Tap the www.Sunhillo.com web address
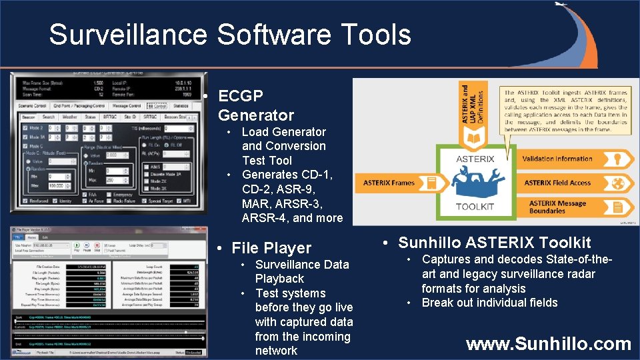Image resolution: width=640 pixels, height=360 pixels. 548,344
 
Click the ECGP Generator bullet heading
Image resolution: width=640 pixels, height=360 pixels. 255,105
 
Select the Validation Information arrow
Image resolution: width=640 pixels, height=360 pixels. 567,159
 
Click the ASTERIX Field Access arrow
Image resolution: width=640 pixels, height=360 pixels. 567,183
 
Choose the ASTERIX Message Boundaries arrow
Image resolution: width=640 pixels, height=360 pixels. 567,207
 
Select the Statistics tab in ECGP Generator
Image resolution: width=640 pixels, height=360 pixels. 181,105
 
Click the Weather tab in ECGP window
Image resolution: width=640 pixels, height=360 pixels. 69,117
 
